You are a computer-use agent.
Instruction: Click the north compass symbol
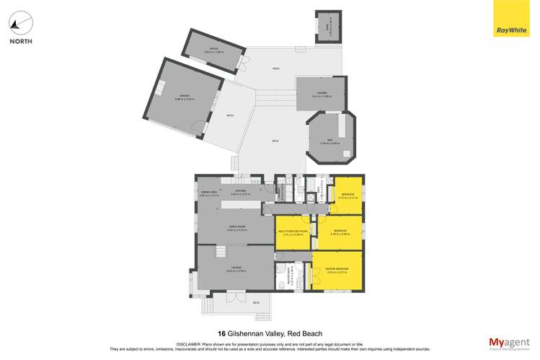tap(20, 22)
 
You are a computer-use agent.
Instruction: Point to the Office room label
tap(211, 50)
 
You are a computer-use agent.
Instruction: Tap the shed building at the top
tap(327, 29)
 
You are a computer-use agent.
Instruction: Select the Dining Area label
tap(209, 193)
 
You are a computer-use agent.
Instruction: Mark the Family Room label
tap(239, 229)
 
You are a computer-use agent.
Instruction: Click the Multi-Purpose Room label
tap(291, 232)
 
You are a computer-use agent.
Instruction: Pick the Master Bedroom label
tap(337, 270)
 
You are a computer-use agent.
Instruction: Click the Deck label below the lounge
tap(255, 302)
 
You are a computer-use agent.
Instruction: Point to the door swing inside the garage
tap(195, 132)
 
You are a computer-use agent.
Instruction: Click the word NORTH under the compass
tap(20, 43)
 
